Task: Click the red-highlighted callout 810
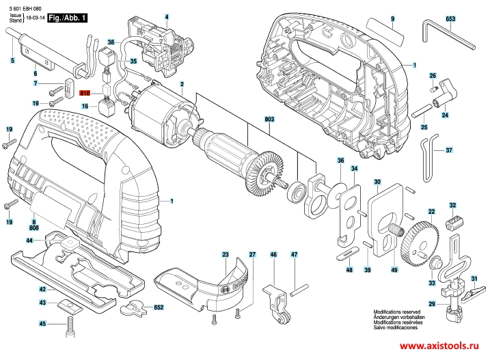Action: click(85, 93)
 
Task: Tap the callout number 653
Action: click(450, 18)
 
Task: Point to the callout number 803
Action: click(269, 119)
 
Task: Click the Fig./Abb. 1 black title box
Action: click(67, 18)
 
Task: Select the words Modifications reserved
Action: click(397, 311)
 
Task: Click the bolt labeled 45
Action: click(70, 327)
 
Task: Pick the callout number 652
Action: click(159, 307)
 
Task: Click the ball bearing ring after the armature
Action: click(296, 191)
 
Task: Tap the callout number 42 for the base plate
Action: click(42, 289)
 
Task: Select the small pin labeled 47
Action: click(299, 290)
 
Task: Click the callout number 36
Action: click(340, 161)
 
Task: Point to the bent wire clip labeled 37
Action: click(429, 158)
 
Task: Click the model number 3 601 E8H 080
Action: click(25, 9)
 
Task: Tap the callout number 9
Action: click(392, 18)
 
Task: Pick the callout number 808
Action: click(33, 227)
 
